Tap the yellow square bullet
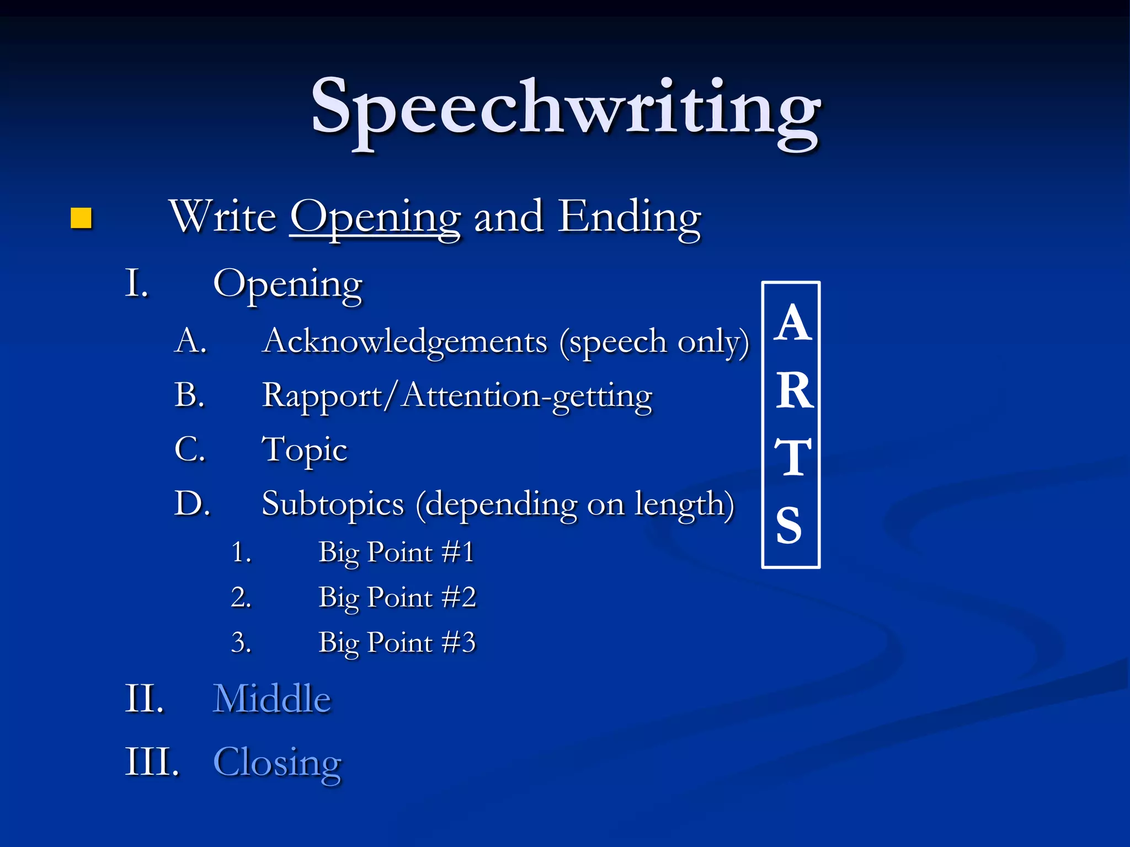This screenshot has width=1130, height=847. click(81, 218)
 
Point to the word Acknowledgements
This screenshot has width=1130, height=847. click(405, 341)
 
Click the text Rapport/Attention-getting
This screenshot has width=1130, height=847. click(457, 396)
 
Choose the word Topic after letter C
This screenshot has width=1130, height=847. click(305, 449)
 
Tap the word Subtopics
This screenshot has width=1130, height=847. click(333, 504)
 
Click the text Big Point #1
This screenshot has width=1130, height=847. click(396, 552)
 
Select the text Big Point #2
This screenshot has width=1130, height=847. click(397, 597)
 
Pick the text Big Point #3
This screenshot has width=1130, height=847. click(397, 642)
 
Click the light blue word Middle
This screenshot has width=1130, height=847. click(272, 699)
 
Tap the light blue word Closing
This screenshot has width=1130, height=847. click(277, 762)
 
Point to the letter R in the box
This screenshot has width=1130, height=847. click(794, 390)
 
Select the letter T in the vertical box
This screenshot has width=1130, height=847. click(793, 457)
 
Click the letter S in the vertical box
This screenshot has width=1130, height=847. click(789, 525)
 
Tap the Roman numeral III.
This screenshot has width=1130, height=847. click(152, 762)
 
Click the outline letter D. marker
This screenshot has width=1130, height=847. click(192, 503)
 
